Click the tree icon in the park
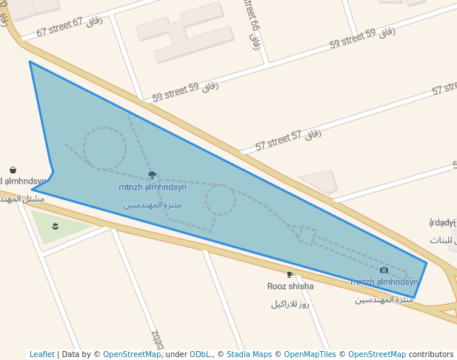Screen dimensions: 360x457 [152, 176]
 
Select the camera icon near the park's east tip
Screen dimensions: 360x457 [384, 270]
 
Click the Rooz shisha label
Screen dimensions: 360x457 [290, 287]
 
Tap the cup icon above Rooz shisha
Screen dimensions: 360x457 [290, 275]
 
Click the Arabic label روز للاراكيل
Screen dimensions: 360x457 [290, 304]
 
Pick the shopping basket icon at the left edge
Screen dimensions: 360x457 [13, 170]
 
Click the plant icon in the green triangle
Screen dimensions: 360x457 [56, 225]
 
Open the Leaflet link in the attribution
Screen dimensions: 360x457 [42, 355]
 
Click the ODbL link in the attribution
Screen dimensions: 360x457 [200, 355]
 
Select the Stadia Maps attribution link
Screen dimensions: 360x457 [249, 355]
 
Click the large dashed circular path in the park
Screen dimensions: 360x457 [104, 148]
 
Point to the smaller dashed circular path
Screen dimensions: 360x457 [221, 200]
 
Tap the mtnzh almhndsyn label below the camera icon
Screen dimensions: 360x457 [384, 282]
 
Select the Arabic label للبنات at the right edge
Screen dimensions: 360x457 [444, 240]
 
